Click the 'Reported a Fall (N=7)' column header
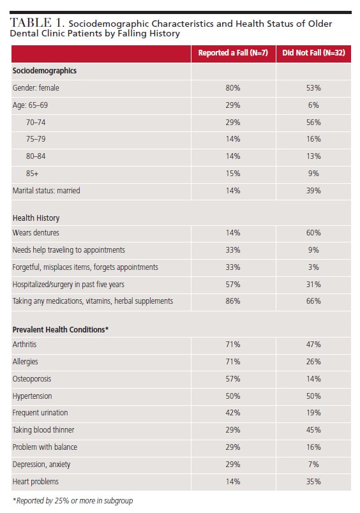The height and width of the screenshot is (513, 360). point(233,53)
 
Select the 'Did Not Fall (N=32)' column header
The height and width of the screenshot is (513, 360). point(313,53)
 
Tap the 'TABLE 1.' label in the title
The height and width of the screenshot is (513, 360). point(36,23)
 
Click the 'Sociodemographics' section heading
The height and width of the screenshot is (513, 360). point(45,71)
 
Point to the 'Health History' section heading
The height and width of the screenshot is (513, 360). point(36,218)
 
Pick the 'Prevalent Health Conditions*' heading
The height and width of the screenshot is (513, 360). point(61,329)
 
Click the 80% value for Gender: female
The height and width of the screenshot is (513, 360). point(233,88)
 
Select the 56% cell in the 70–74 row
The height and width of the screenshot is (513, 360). point(313,123)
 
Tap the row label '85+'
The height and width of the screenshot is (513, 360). point(32,174)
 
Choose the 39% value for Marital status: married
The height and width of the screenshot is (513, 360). point(313,191)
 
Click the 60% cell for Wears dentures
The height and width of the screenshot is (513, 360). point(313,233)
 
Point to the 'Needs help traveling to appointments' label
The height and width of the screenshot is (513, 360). point(69,250)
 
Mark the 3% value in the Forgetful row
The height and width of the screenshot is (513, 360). point(313,267)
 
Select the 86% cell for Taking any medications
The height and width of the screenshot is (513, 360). point(233,301)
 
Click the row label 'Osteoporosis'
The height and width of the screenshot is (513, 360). point(32,379)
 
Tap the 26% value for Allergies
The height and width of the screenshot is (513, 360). point(313,362)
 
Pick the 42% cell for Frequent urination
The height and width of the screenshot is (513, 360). point(233,413)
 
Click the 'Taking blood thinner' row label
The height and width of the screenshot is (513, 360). point(43,430)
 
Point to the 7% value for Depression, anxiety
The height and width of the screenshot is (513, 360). point(313,465)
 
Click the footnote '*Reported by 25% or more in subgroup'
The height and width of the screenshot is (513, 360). point(73,501)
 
